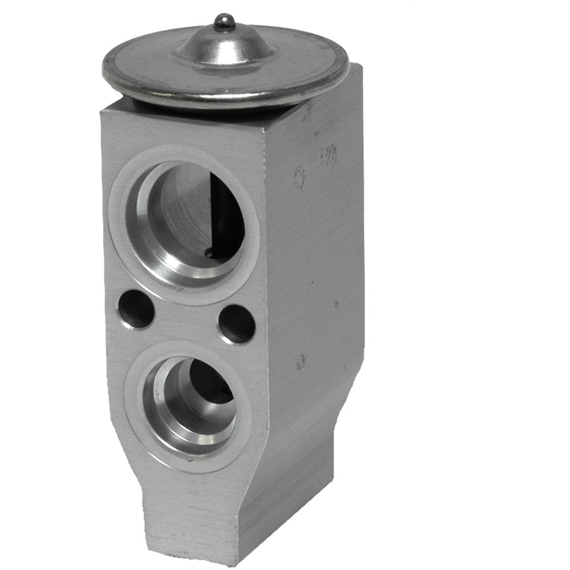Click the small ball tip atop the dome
point(223,21)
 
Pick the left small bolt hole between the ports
point(135,310)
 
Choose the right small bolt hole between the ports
point(237,324)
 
